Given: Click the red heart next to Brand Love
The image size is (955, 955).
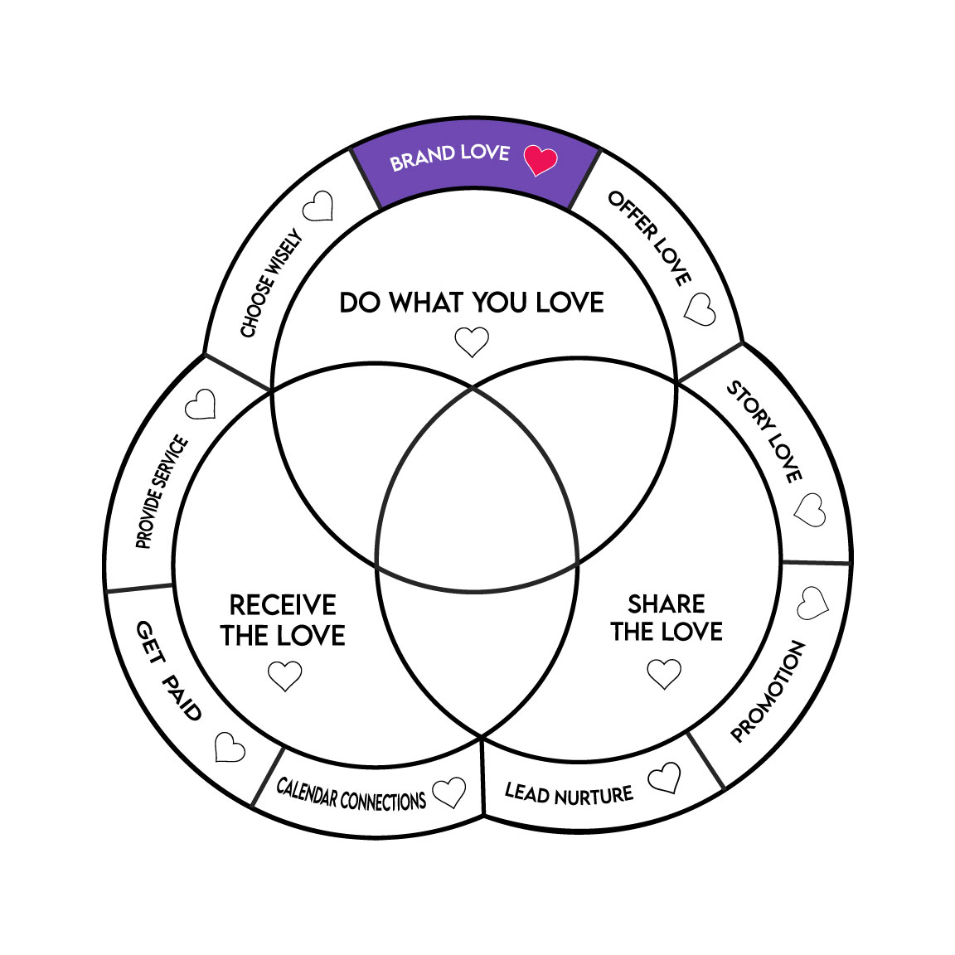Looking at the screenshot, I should pos(541,158).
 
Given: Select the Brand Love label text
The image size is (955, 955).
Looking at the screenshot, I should pos(449,156).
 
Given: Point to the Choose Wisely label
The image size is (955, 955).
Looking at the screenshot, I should pos(271,284).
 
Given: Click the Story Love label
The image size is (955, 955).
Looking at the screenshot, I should pos(765,431).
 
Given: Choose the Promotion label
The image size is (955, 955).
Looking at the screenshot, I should pos(768,691).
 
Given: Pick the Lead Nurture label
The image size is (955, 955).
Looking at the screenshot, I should pos(569,794).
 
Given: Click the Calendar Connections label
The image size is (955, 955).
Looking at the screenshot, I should pos(351,794).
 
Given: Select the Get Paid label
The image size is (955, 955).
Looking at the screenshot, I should pos(169,671).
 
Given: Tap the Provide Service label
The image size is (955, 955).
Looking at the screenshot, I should pos(162,492).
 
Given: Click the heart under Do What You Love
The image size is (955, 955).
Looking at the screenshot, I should pos(472,341).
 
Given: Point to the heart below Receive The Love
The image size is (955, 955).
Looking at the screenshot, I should pos(285,676).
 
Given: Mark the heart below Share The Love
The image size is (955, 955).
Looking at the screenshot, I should pos(664,673).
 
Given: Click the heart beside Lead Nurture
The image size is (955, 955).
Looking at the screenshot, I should pos(665,778).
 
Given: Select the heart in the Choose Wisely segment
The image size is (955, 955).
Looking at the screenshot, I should pos(318,206).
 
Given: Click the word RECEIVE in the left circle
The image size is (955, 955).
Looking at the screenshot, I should pos(283,604).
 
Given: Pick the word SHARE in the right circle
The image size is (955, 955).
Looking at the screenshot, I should pos(667,604).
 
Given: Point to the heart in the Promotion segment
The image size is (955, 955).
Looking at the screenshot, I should pos(812,604).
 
